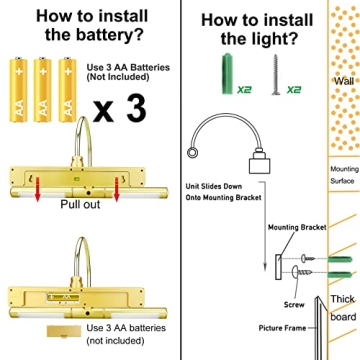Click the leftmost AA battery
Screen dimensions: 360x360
[18, 89]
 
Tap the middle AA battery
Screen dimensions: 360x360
[43, 89]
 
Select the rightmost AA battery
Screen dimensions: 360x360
[67, 89]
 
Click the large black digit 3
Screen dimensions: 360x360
[136, 109]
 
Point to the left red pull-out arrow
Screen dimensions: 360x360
[38, 189]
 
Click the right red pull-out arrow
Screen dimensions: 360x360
[117, 189]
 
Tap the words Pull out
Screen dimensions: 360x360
[80, 204]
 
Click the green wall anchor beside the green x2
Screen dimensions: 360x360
[227, 74]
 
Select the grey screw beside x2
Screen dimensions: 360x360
[276, 75]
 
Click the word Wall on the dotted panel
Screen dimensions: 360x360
[344, 81]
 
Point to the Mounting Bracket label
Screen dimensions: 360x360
[297, 227]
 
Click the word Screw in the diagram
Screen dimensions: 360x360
[294, 304]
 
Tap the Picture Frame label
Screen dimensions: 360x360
[282, 328]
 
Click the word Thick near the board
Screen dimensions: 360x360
[343, 299]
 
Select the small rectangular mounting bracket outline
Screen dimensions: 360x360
[278, 267]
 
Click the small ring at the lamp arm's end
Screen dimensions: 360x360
[192, 153]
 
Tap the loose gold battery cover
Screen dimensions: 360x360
[64, 331]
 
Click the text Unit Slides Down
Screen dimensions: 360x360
[214, 186]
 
